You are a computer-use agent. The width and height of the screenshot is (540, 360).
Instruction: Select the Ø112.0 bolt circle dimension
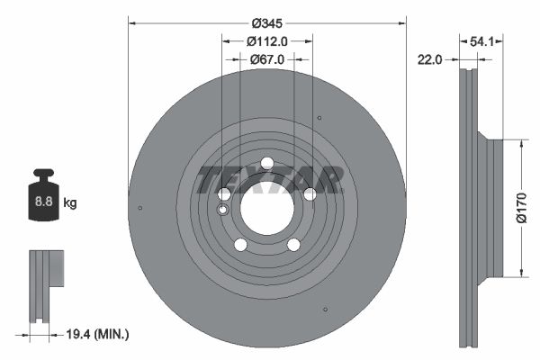click(266, 40)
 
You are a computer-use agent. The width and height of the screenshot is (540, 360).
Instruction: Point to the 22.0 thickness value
click(430, 59)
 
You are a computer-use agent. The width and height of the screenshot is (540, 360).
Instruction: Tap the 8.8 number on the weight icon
click(43, 202)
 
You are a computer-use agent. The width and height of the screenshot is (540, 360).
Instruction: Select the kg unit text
click(70, 203)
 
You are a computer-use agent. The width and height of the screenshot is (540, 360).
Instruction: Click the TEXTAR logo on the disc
click(268, 180)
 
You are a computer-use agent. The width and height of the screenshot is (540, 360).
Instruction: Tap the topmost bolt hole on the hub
click(266, 163)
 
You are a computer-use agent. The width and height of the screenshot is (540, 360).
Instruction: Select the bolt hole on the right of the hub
click(310, 194)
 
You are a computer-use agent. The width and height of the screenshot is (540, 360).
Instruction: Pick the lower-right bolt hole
click(293, 245)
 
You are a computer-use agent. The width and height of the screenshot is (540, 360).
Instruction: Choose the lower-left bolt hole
click(240, 245)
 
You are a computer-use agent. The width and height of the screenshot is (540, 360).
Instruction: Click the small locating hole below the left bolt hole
click(222, 210)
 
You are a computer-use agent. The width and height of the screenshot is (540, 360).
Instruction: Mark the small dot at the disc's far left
click(140, 209)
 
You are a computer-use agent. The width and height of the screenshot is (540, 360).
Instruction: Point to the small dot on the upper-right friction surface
click(319, 118)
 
